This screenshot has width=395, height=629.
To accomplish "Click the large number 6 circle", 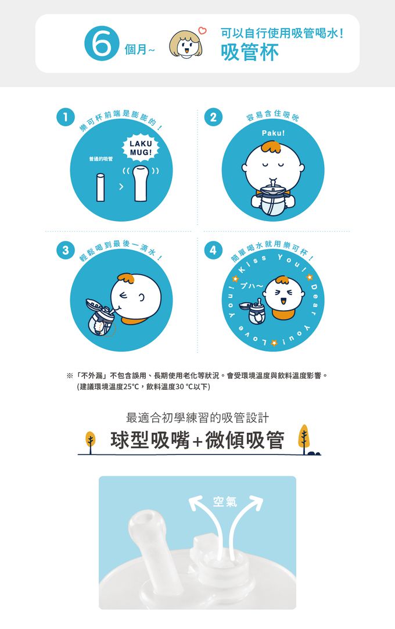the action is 102,44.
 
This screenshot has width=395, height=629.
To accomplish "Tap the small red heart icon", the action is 203,30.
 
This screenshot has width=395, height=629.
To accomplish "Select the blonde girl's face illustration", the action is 185,44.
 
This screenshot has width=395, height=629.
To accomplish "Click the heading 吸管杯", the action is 250,52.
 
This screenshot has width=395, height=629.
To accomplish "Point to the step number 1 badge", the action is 66,118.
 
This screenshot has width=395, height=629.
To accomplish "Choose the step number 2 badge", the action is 213,118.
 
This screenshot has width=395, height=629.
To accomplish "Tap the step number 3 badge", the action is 66,251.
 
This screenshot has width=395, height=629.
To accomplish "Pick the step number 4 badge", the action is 213,251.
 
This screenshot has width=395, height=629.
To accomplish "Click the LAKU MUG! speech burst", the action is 141,148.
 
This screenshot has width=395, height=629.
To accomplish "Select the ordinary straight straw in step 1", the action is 100,187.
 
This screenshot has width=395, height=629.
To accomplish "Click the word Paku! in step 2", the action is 273,133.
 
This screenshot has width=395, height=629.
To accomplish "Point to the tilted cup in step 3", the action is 100,317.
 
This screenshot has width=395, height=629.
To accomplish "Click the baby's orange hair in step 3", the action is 126,278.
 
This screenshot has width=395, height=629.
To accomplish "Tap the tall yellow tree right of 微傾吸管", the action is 304,439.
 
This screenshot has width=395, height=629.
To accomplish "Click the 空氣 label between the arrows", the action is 225,502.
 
